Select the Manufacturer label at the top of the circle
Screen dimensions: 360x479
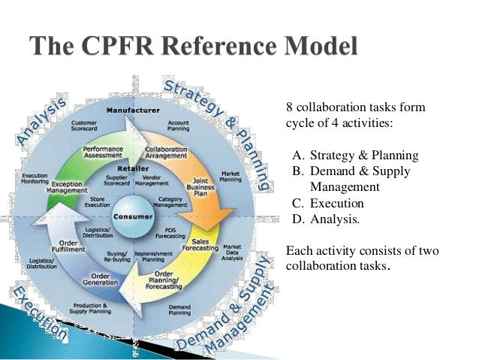click(131, 110)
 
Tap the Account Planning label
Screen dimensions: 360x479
click(179, 127)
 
